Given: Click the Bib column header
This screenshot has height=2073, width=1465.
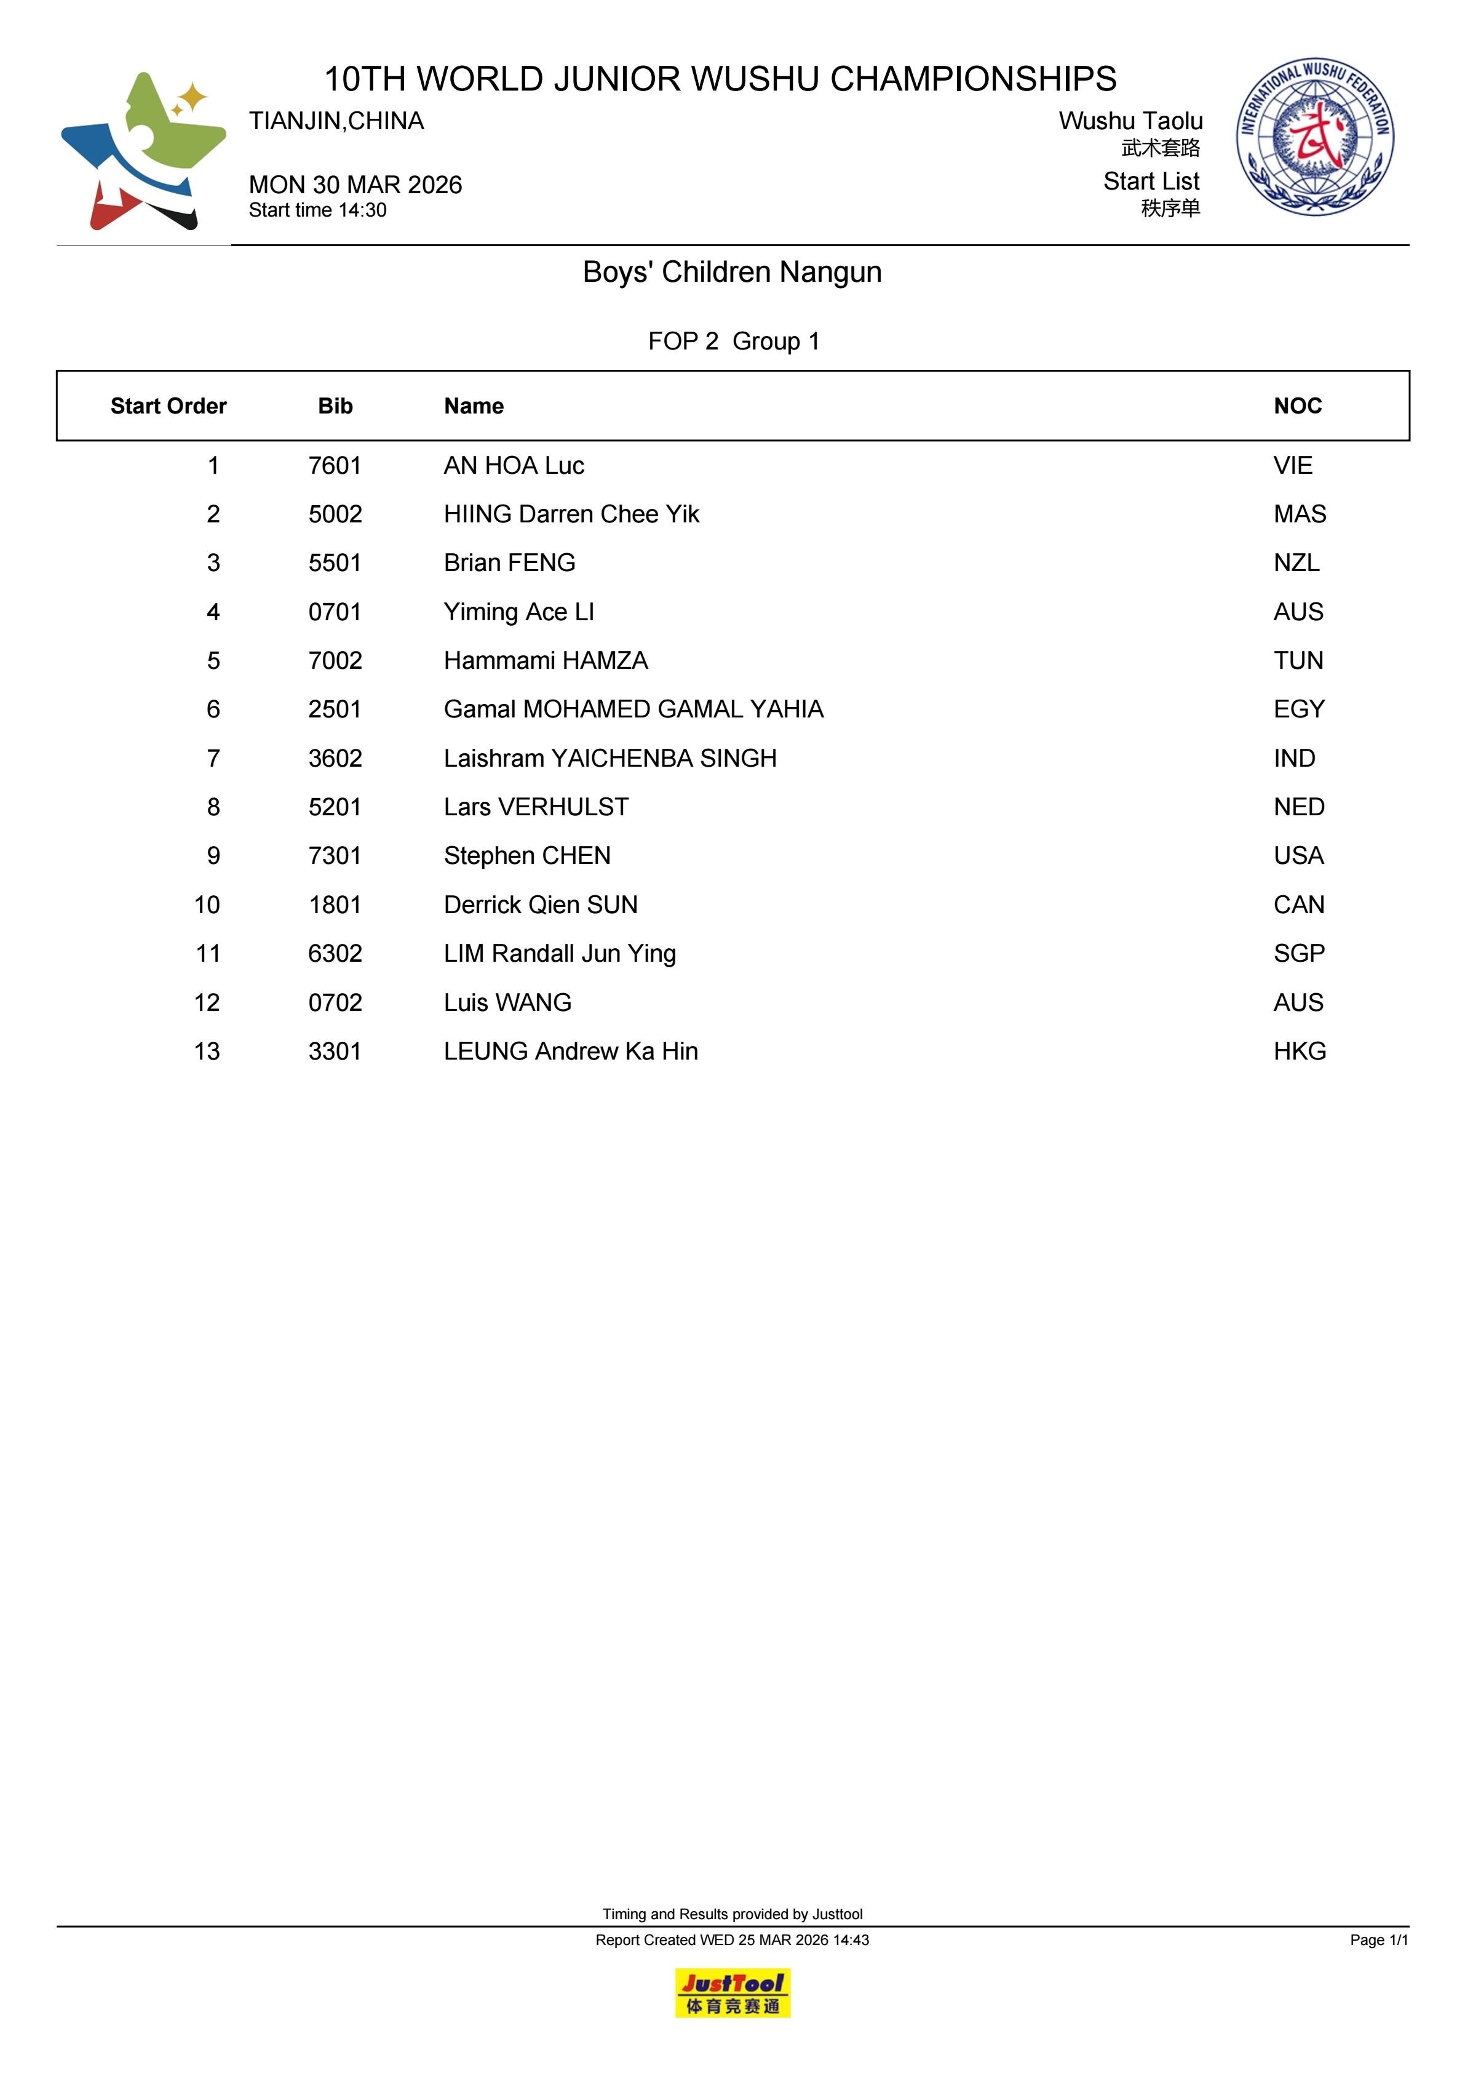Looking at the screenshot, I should click(x=335, y=406).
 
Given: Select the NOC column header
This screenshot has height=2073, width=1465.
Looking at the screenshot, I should click(x=1297, y=406).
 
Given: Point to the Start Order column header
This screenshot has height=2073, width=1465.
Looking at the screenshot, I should click(x=168, y=406).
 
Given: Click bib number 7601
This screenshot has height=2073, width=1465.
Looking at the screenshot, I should click(x=335, y=466).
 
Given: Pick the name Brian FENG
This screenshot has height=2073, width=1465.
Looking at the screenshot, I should click(x=509, y=562).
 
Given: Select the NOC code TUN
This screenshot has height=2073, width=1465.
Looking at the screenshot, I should click(x=1298, y=661).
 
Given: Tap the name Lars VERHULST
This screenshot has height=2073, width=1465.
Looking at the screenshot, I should click(x=536, y=807).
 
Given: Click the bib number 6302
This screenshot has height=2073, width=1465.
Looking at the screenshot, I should click(x=335, y=954).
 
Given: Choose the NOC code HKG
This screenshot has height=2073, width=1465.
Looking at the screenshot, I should click(x=1300, y=1051).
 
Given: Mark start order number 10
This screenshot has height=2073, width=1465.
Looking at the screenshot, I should click(x=207, y=905).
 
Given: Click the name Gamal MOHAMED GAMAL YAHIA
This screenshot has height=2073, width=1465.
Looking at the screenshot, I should click(x=633, y=709).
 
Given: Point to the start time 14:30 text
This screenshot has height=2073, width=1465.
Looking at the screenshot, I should click(x=318, y=210).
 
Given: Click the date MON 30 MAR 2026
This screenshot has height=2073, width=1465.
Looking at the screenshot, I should click(x=355, y=185).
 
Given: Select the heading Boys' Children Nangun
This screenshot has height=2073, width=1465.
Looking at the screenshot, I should click(x=732, y=272).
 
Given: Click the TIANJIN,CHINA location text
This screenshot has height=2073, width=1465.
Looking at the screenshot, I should click(x=336, y=121).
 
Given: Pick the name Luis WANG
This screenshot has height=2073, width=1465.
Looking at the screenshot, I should click(x=507, y=1002).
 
